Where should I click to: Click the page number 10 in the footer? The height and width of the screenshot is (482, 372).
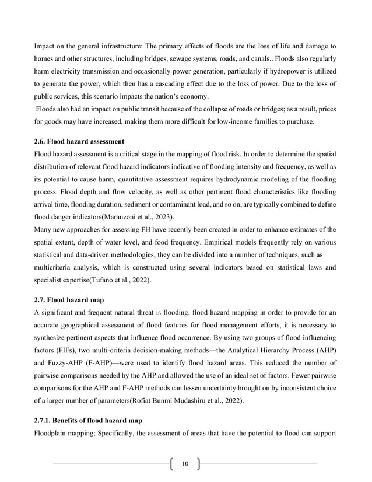coord(185,464)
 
